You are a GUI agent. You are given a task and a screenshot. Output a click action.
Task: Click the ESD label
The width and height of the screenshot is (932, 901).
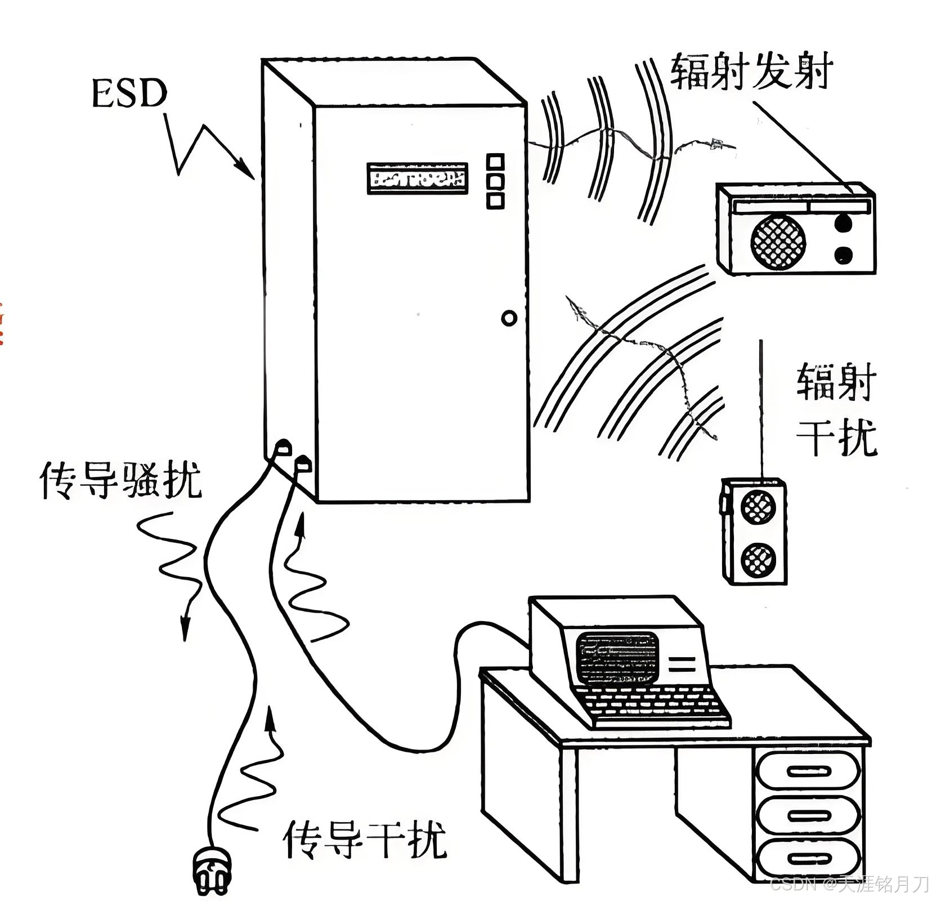pyautogui.click(x=129, y=93)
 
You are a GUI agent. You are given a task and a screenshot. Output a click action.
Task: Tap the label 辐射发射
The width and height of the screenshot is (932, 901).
pyautogui.click(x=751, y=72)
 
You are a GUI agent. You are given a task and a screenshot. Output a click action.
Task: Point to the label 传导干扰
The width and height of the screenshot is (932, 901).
pyautogui.click(x=365, y=838)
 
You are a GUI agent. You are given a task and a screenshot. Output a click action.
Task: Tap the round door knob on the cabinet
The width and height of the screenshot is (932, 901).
pyautogui.click(x=509, y=318)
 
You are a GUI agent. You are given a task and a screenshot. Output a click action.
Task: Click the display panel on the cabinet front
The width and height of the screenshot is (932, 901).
pyautogui.click(x=417, y=179)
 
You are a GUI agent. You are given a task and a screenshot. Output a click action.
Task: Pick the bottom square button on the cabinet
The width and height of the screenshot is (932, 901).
pyautogui.click(x=495, y=200)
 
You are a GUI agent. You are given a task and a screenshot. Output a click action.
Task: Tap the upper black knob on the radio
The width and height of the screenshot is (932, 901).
pyautogui.click(x=843, y=224)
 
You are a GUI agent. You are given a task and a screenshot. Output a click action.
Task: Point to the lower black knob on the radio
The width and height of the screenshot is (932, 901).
pyautogui.click(x=843, y=255)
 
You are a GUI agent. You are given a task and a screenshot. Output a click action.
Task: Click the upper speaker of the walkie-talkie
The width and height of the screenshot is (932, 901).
pyautogui.click(x=758, y=507)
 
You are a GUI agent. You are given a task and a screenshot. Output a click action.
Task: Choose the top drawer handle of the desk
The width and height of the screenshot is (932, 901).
pyautogui.click(x=809, y=771)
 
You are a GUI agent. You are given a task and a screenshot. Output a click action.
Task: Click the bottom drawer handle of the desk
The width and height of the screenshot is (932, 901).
pyautogui.click(x=809, y=859)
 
